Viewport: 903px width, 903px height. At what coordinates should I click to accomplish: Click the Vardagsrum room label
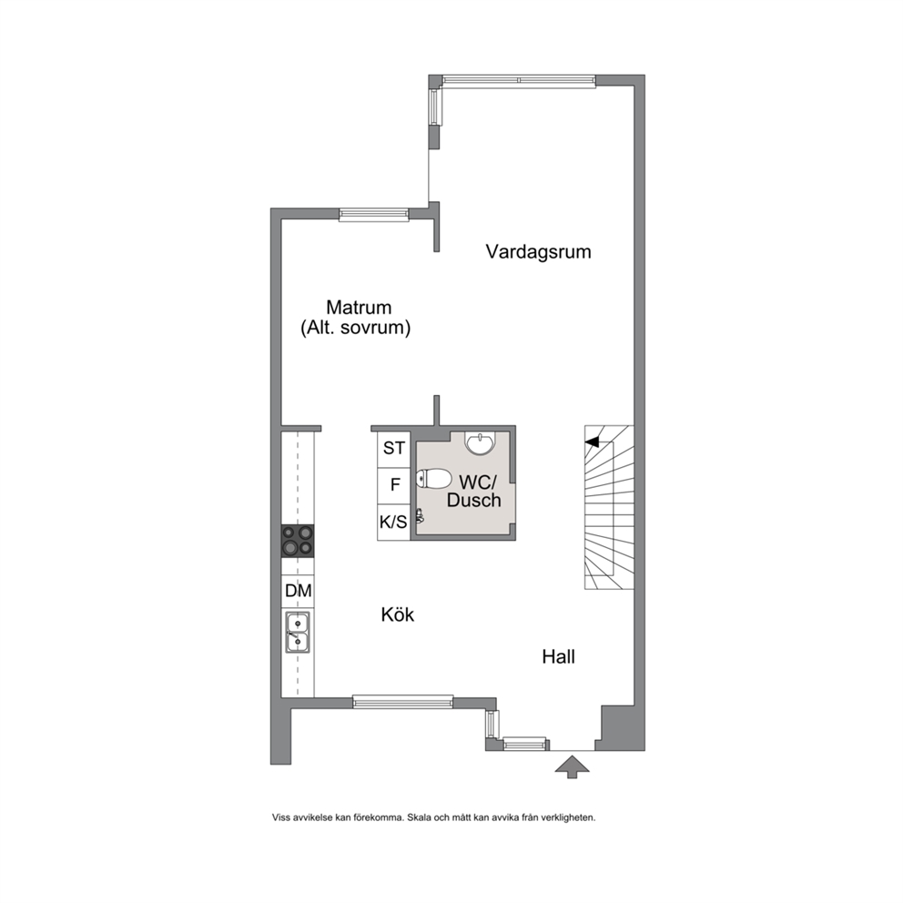(x=539, y=251)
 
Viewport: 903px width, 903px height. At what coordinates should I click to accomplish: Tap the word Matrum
(x=359, y=307)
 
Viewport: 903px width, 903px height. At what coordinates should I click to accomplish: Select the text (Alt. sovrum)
(x=355, y=328)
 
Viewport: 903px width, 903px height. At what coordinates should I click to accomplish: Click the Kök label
(x=398, y=614)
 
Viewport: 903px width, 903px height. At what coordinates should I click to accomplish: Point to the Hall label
(x=559, y=656)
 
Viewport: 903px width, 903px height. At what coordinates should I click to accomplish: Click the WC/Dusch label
(x=474, y=491)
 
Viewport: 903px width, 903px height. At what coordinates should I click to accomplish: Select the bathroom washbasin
(x=479, y=443)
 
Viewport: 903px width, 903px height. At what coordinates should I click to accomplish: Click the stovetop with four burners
(x=298, y=541)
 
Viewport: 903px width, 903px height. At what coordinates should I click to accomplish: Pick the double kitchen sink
(x=298, y=632)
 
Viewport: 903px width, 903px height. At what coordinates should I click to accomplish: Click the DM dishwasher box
(x=298, y=591)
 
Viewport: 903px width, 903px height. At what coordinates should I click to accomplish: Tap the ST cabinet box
(x=394, y=449)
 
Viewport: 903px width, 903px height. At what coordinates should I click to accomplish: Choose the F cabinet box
(x=394, y=485)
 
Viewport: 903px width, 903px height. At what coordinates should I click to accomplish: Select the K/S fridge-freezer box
(x=394, y=523)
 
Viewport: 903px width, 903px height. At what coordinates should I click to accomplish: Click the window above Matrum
(x=374, y=215)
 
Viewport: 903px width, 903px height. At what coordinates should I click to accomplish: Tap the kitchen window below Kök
(x=402, y=702)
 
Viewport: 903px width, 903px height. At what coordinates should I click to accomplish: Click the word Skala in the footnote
(x=419, y=817)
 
